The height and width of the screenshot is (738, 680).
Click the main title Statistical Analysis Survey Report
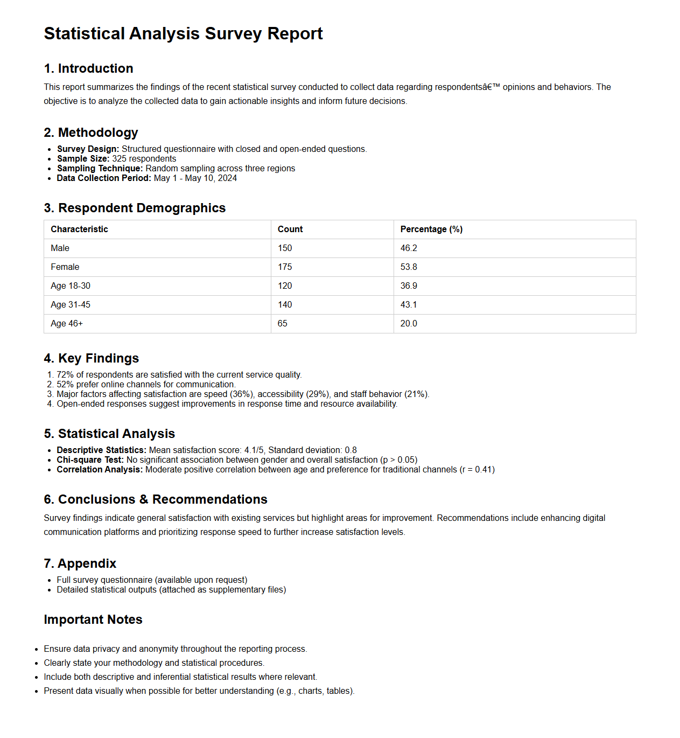(x=183, y=33)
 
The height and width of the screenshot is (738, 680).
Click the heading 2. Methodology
(x=91, y=133)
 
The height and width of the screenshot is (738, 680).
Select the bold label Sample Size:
(x=83, y=158)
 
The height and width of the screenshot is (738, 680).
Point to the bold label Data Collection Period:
(x=104, y=178)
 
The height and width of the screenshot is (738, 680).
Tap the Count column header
(x=290, y=229)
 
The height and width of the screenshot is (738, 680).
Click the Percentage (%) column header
(x=431, y=229)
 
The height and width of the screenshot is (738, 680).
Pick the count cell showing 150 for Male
(x=285, y=248)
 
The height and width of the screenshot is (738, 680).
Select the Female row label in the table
(x=65, y=267)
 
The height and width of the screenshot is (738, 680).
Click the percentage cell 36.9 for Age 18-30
(x=409, y=286)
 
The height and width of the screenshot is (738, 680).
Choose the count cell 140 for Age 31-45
(x=285, y=304)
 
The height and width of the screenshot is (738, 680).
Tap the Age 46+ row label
(x=67, y=323)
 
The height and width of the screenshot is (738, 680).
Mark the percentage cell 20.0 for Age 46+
(x=409, y=323)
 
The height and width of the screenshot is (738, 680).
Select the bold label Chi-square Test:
(x=90, y=459)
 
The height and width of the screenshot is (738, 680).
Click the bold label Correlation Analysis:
(x=100, y=469)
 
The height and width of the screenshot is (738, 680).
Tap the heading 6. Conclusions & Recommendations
(x=156, y=499)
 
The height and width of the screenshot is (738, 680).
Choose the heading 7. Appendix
(x=80, y=563)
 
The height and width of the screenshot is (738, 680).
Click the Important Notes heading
(x=93, y=619)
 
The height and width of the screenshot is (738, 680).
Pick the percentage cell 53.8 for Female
(x=409, y=267)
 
